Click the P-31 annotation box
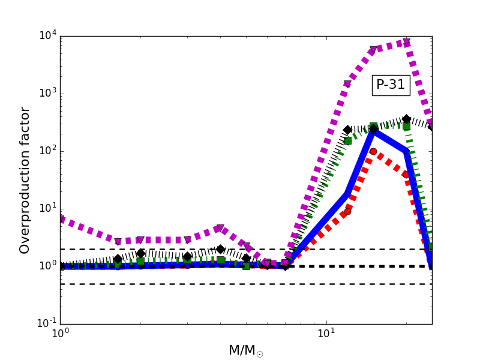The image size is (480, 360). pos(391,85)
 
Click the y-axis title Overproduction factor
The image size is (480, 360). pos(25,180)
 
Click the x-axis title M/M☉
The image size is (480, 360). pos(246,350)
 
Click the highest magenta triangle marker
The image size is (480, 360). pos(407,42)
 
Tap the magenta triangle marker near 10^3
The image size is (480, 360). pos(347,84)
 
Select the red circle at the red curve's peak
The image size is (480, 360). pos(373,152)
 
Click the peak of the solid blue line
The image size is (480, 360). pos(373,130)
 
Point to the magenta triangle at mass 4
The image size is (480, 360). pos(220,229)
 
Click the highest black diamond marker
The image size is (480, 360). pos(406,119)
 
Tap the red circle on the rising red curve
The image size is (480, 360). pos(347,211)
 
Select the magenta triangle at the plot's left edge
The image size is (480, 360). pos(61,220)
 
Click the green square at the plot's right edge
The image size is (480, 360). pos(431,247)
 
